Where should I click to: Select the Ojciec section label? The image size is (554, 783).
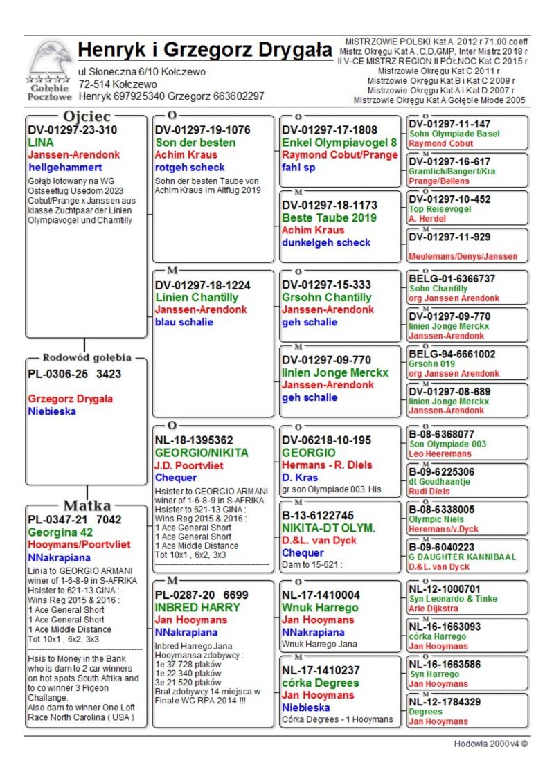point(86,116)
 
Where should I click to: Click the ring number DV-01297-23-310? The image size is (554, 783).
point(73,130)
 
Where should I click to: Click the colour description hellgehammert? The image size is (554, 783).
point(65,168)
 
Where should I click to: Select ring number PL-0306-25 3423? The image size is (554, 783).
point(75,375)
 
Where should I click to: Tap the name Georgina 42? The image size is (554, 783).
point(62,532)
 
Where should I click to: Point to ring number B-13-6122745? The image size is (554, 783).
point(318,515)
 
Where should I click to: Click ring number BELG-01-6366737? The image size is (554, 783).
point(452,279)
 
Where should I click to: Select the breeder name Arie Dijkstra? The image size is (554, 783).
point(434,609)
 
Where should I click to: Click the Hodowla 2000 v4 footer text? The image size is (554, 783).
point(490,744)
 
